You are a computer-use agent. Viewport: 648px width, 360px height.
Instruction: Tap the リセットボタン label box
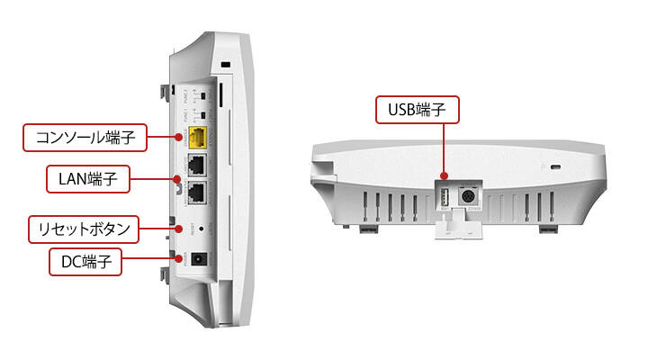tap(84, 228)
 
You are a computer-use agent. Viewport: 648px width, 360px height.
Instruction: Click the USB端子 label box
tap(417, 111)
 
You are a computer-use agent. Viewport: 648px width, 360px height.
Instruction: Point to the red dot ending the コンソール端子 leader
tap(176, 138)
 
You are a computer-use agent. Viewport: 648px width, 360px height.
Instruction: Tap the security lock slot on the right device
tap(553, 166)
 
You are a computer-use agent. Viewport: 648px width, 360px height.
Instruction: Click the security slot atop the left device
tap(224, 65)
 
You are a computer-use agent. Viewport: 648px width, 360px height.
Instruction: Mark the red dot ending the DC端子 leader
tap(177, 262)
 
